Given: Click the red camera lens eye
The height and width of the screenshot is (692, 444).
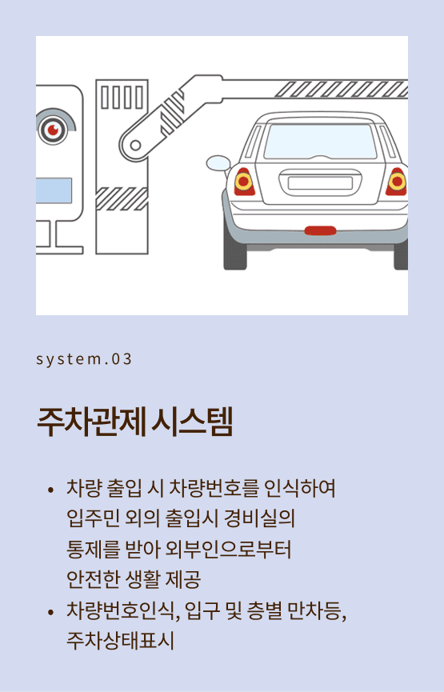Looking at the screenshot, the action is click(54, 130).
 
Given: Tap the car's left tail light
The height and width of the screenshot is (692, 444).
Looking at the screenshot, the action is click(244, 182).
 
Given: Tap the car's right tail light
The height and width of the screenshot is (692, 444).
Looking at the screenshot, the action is click(396, 182).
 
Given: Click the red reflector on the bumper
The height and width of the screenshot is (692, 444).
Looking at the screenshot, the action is click(321, 230).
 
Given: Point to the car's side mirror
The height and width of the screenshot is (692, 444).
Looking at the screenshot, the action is click(218, 163).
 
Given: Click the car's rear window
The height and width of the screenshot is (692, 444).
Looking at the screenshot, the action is click(320, 142).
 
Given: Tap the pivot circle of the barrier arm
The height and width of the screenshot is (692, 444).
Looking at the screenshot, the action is click(135, 145).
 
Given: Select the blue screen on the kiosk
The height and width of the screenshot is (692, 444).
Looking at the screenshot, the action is click(54, 190).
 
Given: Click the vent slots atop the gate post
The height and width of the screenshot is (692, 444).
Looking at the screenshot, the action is click(122, 97).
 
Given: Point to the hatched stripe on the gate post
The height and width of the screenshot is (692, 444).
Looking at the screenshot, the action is click(122, 198).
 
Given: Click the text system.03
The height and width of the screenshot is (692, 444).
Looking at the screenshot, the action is click(84, 358).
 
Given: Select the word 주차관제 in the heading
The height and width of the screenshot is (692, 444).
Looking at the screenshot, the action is click(91, 422).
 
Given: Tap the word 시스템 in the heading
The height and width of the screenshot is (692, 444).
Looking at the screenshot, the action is click(191, 422).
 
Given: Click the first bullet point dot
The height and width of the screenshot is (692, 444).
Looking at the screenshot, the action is click(50, 490).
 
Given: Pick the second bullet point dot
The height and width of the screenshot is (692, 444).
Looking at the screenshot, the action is click(50, 612).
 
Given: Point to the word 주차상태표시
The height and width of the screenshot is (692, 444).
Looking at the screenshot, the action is click(120, 641).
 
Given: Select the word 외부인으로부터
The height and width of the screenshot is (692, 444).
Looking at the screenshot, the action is click(228, 550).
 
